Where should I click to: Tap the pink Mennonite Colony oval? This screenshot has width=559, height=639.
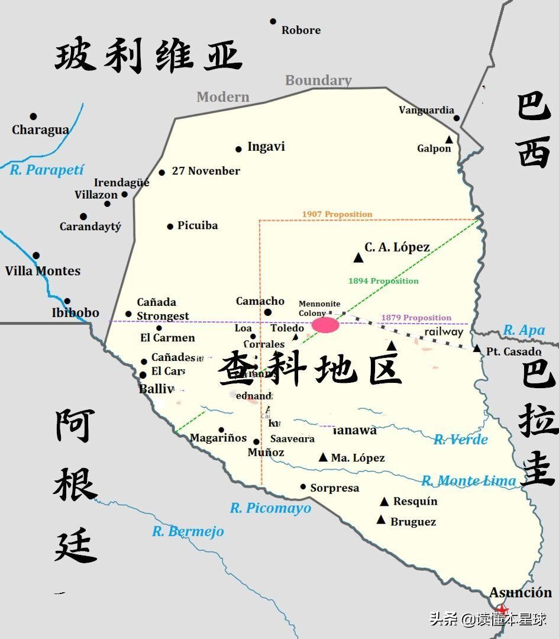tap(326, 325)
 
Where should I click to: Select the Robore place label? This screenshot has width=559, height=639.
tap(300, 30)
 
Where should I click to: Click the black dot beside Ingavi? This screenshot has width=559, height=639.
tap(238, 149)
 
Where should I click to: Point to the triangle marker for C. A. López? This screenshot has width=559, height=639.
tap(358, 257)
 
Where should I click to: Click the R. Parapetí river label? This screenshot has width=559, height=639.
tap(47, 170)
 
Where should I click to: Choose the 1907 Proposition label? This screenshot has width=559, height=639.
tap(337, 214)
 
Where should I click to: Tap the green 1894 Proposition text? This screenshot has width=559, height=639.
tap(383, 281)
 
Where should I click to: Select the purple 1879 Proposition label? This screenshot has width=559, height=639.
tap(416, 318)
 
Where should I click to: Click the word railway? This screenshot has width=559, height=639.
tap(444, 332)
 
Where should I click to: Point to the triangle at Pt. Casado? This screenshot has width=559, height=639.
tap(477, 348)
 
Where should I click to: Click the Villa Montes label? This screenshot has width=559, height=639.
tap(43, 271)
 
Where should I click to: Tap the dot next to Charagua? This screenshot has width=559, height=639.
tap(33, 117)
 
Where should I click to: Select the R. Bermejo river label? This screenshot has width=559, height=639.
tap(188, 531)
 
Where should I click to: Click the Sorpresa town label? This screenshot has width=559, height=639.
tap(335, 488)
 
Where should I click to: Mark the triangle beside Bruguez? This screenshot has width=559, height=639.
tap(382, 520)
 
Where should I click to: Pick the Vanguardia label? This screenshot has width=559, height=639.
tap(426, 110)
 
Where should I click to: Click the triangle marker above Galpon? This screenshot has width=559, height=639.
tap(449, 140)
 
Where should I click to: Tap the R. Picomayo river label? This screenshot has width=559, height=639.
tap(270, 508)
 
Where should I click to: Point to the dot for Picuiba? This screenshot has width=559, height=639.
tap(170, 226)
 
